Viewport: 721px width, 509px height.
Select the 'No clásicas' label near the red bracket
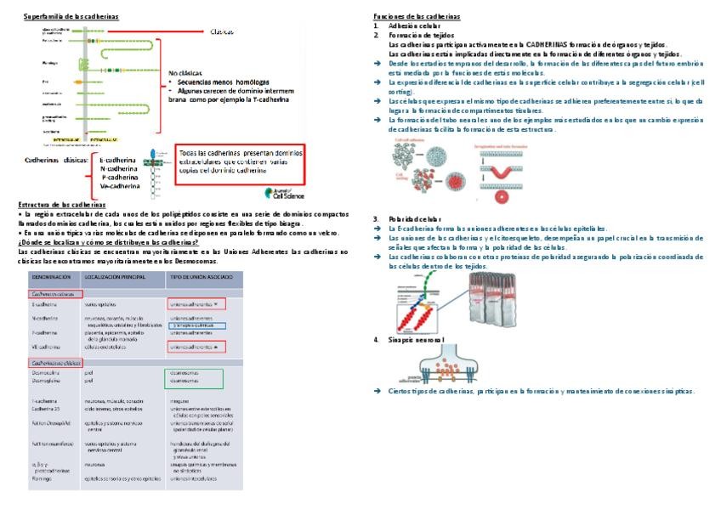(187, 73)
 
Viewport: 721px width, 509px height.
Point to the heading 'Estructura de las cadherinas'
(61, 205)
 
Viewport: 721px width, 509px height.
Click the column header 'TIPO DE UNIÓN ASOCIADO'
(200, 278)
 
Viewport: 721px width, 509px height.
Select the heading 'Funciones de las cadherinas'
(417, 17)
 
